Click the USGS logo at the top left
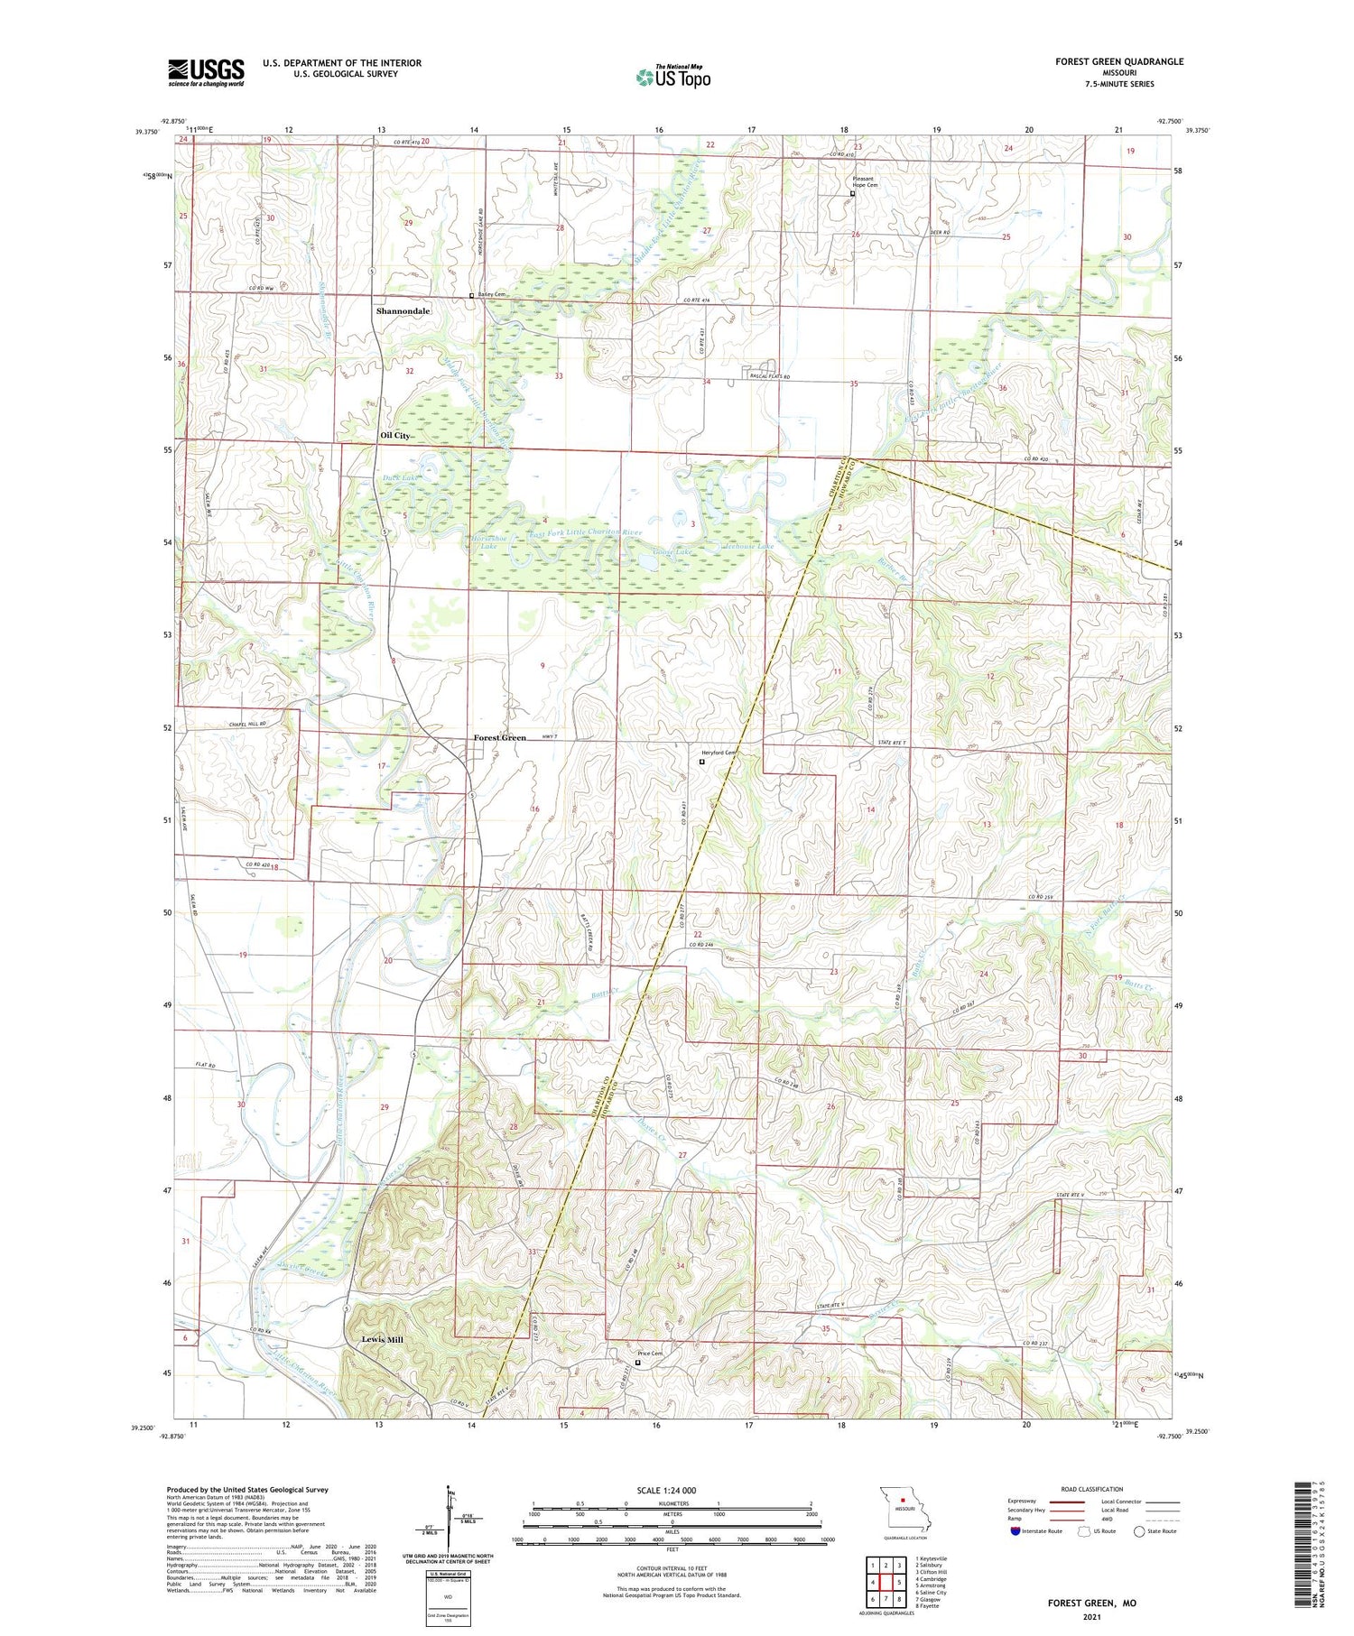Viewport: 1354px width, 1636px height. pos(206,72)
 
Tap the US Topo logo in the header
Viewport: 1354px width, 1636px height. pos(672,78)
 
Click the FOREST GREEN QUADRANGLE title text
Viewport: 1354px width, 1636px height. pos(1119,61)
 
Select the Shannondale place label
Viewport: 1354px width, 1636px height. pos(403,310)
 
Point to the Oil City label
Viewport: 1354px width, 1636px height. pos(395,435)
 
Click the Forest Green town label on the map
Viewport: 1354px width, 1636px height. pos(500,737)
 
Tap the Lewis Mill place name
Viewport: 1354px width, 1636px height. pos(383,1339)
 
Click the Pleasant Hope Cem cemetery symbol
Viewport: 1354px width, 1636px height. pos(852,192)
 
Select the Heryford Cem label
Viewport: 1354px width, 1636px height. pos(720,753)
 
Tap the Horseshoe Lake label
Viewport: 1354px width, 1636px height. pos(487,541)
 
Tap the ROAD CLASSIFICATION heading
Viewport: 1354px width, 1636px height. pos(1092,1489)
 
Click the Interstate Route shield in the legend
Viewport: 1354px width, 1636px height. pos(1016,1531)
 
